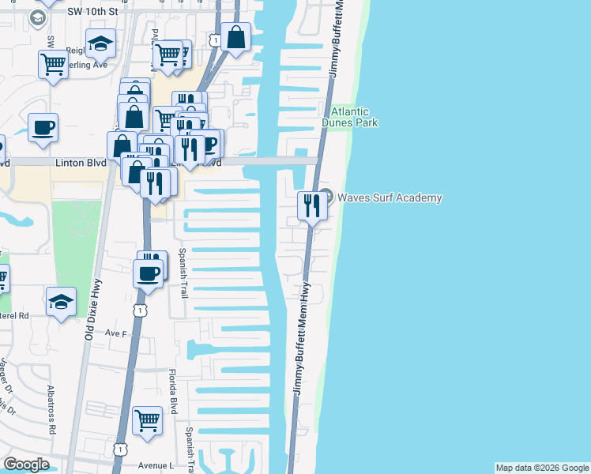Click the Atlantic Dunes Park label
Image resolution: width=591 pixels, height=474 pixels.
tap(349, 117)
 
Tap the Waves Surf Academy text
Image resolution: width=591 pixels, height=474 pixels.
tap(390, 198)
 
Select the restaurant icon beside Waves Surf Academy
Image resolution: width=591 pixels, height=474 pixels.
tap(311, 205)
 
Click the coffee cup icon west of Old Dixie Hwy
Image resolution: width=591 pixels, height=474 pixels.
tap(43, 127)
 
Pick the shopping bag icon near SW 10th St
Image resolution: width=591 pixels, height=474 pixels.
tap(235, 37)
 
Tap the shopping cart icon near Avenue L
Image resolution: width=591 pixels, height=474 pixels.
tap(147, 420)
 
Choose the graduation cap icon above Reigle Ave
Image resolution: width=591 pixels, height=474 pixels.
tap(100, 44)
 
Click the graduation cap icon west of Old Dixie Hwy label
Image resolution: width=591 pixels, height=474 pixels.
tap(61, 302)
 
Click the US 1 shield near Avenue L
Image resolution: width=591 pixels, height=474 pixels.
tap(119, 448)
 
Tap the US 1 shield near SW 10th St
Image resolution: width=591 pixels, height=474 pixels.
tap(215, 39)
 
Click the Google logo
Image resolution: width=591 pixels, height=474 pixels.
tap(27, 465)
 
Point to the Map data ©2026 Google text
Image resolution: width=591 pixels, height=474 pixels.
tap(542, 468)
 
